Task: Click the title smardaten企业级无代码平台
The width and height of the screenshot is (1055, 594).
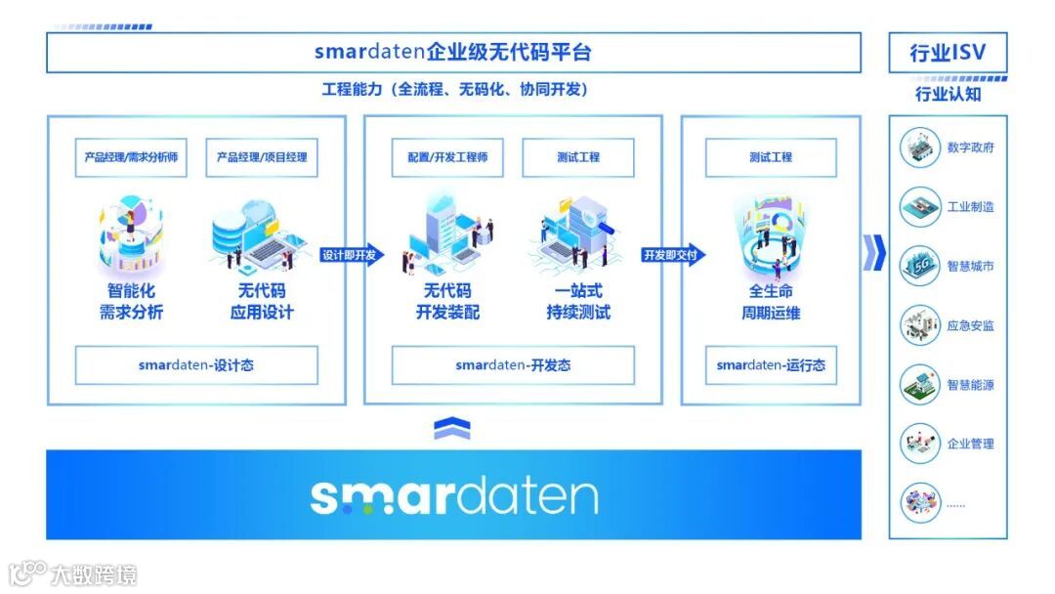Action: [453, 52]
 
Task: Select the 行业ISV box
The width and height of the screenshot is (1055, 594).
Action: [948, 53]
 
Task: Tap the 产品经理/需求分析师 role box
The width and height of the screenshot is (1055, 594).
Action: [131, 157]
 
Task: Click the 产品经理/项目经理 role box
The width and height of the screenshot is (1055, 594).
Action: [262, 157]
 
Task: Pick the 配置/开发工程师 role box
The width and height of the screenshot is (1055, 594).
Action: [447, 157]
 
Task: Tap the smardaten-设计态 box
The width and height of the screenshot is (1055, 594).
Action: [196, 365]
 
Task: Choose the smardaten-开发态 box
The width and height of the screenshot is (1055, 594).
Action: [513, 365]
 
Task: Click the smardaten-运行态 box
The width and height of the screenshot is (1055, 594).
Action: [771, 365]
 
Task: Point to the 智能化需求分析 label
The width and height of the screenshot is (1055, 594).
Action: [131, 302]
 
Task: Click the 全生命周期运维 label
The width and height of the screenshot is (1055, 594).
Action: [771, 302]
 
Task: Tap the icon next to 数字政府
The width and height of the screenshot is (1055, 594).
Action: [919, 148]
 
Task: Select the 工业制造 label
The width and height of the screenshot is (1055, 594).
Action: [971, 207]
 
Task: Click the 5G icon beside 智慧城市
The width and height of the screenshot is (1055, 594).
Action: [919, 266]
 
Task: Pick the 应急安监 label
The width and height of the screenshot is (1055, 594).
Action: [971, 325]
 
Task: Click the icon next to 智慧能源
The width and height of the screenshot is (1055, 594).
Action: [919, 385]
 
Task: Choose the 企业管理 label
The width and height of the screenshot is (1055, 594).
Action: [971, 444]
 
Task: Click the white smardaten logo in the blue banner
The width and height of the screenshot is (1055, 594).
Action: [453, 495]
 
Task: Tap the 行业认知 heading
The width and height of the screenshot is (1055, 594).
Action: [948, 95]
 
